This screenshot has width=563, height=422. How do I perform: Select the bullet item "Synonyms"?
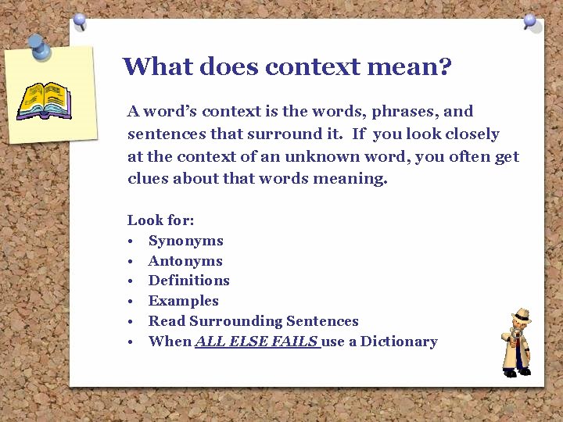185,241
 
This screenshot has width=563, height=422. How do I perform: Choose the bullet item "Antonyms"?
185,261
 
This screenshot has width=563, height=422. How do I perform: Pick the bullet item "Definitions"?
188,281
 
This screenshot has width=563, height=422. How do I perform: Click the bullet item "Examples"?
183,301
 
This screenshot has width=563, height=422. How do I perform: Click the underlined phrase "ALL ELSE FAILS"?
256,342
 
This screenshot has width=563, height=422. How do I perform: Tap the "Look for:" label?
160,220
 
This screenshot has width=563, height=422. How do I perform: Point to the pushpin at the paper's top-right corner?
531,21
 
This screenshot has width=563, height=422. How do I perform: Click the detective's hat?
519,314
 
